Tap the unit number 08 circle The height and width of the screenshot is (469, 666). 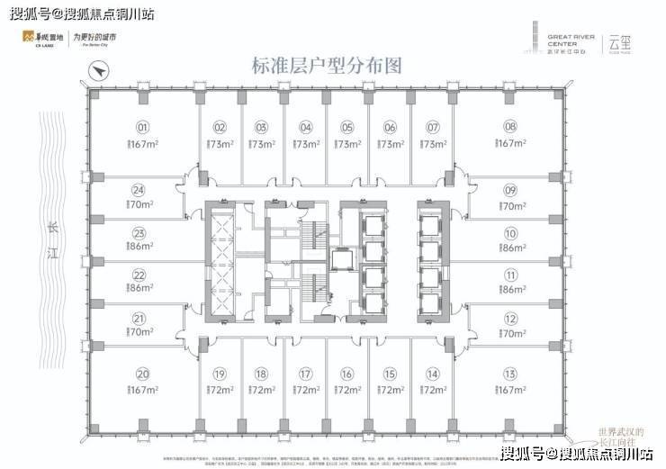pos(510,127)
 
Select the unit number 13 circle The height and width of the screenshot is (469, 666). pos(510,374)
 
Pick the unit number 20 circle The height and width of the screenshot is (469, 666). pos(141,374)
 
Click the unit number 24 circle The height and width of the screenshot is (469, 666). pos(138,190)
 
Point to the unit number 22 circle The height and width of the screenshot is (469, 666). pos(139,275)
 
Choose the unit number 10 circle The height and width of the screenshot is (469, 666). pos(510,232)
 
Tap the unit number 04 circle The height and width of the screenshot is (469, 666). pos(306,127)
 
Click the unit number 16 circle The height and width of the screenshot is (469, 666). pos(346,374)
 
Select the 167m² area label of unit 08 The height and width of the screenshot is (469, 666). pos(510,144)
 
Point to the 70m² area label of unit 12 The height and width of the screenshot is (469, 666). pos(510,333)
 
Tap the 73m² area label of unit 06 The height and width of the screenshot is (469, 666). pos(390,144)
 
